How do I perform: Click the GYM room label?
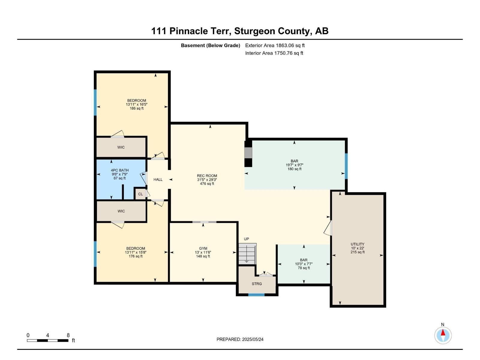click(203, 252)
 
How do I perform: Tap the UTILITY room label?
click(357, 248)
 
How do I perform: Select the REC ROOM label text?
click(207, 180)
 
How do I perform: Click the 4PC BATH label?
click(120, 174)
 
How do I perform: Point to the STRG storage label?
click(257, 284)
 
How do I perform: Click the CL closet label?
click(140, 194)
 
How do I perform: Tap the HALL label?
click(158, 180)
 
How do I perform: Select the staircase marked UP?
click(247, 253)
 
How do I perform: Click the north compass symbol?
click(443, 335)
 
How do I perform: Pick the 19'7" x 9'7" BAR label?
click(294, 165)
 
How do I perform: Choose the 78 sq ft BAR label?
click(304, 264)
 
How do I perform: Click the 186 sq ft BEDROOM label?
click(136, 104)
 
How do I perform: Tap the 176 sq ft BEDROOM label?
click(136, 252)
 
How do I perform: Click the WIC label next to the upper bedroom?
click(121, 147)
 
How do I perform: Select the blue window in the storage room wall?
click(256, 295)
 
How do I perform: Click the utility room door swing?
click(328, 228)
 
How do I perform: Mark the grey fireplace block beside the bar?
click(248, 153)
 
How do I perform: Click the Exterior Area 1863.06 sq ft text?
click(275, 46)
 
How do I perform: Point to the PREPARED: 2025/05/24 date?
click(240, 339)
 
